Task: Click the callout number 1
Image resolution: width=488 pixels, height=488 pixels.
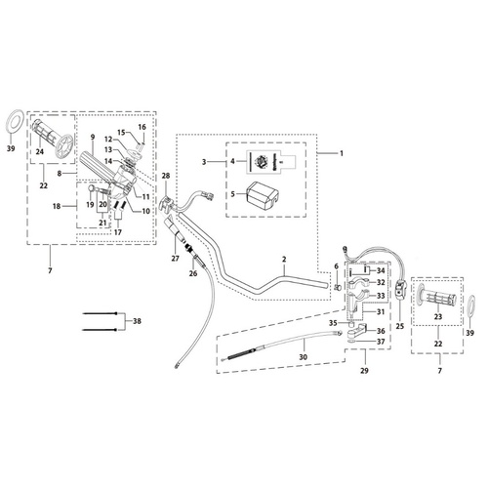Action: click(x=342, y=153)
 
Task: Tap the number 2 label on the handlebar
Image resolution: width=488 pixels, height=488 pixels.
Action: click(x=283, y=261)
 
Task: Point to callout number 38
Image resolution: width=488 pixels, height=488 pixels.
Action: click(x=136, y=319)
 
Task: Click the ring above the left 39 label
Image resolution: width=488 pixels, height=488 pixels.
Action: click(x=13, y=123)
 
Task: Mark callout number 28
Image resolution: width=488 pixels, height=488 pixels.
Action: click(x=165, y=177)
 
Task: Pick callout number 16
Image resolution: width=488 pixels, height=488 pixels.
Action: click(x=142, y=127)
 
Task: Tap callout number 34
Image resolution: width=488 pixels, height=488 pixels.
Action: click(x=381, y=269)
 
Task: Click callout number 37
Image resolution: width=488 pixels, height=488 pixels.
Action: click(x=381, y=341)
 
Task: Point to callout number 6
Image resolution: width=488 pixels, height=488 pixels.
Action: click(x=336, y=266)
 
